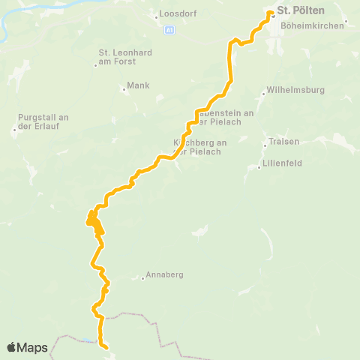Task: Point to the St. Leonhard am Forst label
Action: pos(122,57)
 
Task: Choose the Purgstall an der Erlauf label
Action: pos(43,121)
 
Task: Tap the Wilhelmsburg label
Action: pos(294,92)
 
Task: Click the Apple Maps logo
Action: pos(27,347)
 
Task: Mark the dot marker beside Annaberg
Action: pos(142,278)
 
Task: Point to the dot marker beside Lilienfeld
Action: pos(259,167)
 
